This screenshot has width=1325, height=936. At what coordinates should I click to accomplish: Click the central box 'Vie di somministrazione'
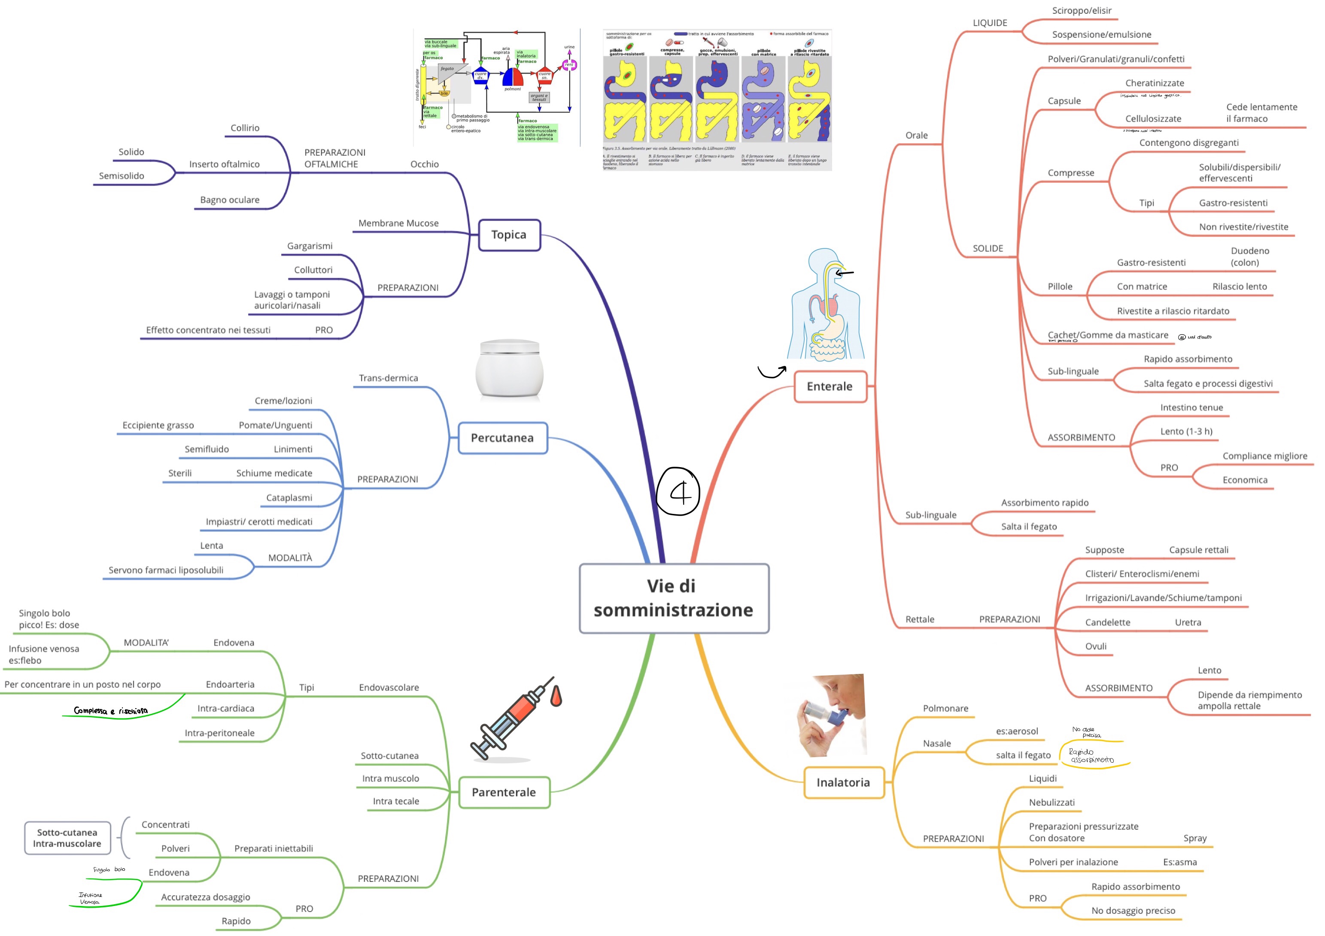(674, 598)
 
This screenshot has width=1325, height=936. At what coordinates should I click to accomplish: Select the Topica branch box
(509, 235)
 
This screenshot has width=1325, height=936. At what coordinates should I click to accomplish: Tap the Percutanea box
(502, 438)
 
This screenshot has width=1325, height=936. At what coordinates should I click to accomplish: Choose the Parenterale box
(504, 792)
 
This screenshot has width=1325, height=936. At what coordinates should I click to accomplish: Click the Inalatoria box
(843, 782)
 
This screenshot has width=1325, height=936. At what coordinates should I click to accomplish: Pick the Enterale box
(830, 386)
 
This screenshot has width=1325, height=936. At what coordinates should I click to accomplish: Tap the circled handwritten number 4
(679, 491)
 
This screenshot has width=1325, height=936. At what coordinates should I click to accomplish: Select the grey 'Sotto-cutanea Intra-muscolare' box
(67, 838)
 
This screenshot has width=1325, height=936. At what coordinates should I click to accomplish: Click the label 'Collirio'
(245, 128)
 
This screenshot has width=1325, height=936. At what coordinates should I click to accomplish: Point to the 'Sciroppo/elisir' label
(1082, 10)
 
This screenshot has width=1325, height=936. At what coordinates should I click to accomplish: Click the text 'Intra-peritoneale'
(219, 733)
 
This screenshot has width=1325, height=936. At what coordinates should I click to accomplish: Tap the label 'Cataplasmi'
(289, 498)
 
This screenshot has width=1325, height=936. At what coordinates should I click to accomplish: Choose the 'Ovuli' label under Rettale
(1095, 646)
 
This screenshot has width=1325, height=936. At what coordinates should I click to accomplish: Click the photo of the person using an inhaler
(831, 715)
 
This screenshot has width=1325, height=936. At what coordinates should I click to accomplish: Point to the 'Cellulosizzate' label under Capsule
(1152, 119)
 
